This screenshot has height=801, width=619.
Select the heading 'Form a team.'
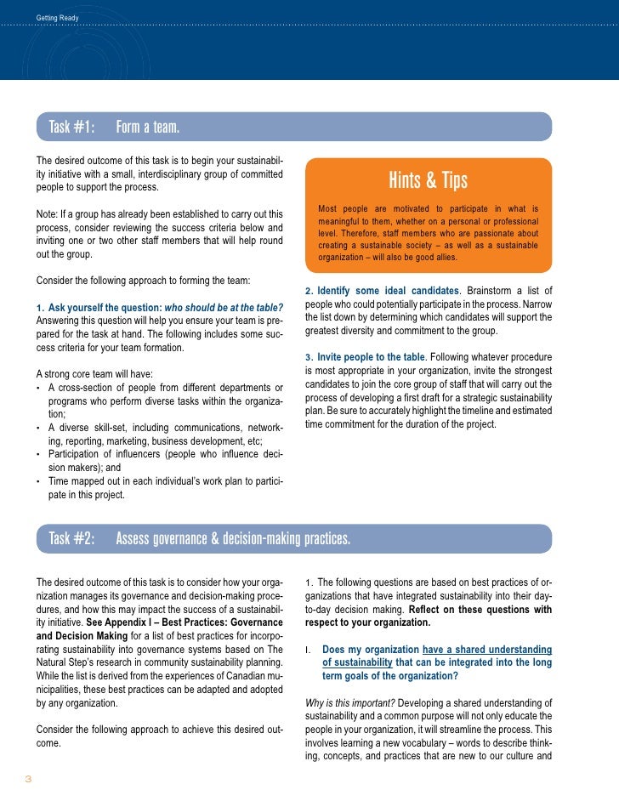click(x=148, y=128)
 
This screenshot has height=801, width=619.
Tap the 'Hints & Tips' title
click(x=429, y=180)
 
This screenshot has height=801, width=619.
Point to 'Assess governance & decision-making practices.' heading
click(x=232, y=538)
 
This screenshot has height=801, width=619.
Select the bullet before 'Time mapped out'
click(x=40, y=482)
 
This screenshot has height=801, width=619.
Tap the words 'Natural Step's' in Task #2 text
click(x=66, y=662)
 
